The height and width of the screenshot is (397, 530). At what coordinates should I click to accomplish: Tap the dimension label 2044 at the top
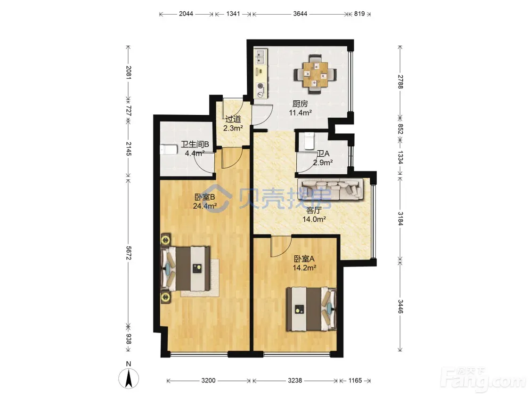click(x=186, y=14)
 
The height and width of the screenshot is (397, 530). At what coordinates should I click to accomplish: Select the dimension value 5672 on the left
click(x=129, y=253)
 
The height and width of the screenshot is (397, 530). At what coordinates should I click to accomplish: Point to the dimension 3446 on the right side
click(x=400, y=307)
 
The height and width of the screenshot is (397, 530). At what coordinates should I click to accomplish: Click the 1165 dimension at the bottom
click(x=355, y=381)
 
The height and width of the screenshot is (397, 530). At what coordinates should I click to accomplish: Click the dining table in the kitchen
click(x=315, y=74)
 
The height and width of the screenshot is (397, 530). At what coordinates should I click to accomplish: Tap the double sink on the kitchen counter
click(x=261, y=57)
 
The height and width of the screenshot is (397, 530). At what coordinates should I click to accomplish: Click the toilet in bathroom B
click(x=169, y=149)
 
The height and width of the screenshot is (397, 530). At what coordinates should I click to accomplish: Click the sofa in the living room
click(x=330, y=189)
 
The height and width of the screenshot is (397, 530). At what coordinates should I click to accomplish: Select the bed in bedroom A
click(x=311, y=309)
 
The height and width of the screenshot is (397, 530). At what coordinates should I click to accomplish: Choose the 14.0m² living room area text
click(x=314, y=219)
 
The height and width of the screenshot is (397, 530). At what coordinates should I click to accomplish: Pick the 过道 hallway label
click(x=233, y=119)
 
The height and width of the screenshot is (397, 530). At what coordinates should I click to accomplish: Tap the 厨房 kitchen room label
click(x=300, y=104)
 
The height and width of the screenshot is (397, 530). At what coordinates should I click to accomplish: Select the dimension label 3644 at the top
click(x=300, y=14)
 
